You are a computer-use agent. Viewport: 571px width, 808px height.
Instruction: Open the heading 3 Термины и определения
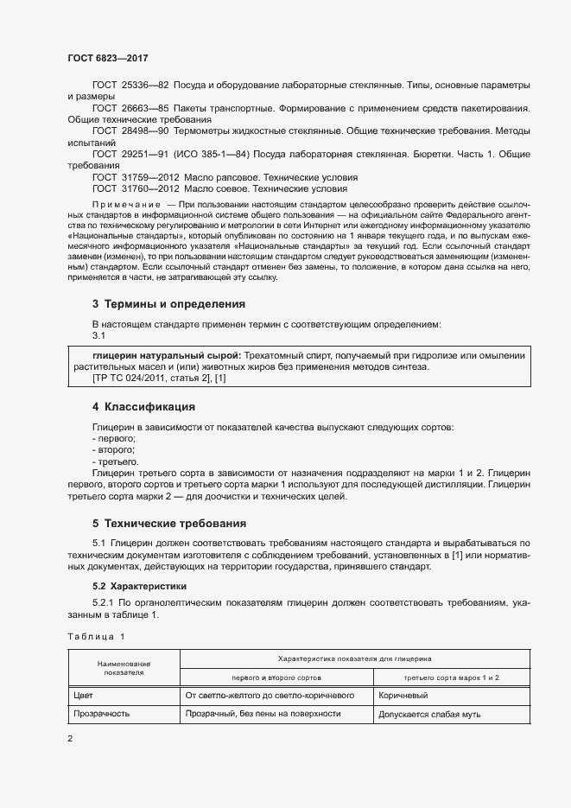[168, 303]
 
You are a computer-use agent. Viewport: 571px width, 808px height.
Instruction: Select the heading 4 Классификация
[143, 406]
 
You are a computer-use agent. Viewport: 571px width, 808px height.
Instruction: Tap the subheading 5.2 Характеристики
[134, 585]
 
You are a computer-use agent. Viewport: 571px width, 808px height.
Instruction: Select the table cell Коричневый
[404, 695]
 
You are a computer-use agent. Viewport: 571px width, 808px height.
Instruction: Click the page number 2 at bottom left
[70, 740]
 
